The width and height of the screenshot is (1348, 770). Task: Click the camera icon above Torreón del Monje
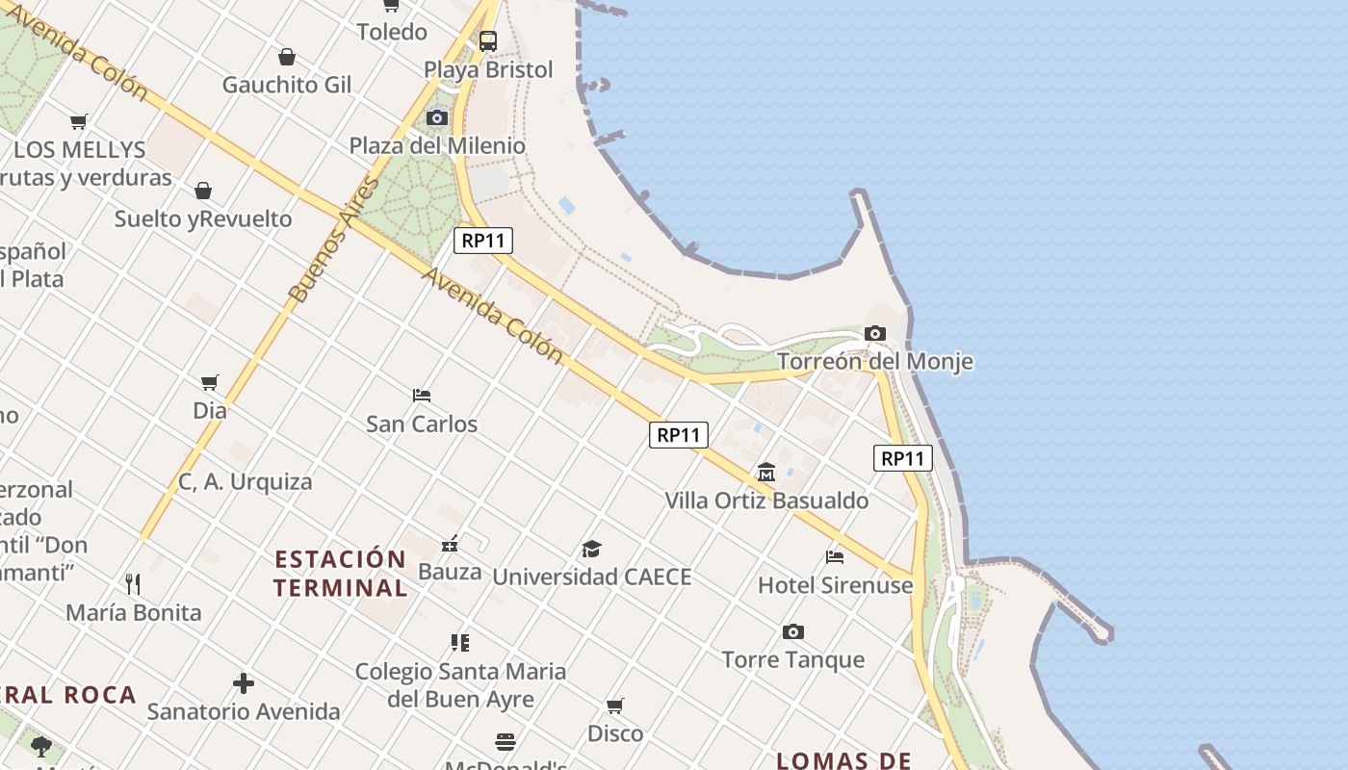(874, 334)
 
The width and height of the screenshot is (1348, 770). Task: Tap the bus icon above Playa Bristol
(488, 41)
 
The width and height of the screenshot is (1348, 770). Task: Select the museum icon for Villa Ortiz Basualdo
(766, 472)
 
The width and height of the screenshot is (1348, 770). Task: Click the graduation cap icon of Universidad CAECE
(591, 549)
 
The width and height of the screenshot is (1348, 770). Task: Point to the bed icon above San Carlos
(422, 395)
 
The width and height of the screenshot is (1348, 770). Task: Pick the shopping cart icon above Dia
(210, 382)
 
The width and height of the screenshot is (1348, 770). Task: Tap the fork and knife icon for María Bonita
(133, 583)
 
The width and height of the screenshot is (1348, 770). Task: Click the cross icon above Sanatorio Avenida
(244, 683)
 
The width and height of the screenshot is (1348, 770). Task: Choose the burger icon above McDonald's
(505, 741)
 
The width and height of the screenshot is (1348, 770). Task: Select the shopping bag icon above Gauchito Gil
(286, 57)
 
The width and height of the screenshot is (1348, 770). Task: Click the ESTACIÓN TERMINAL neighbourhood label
(341, 574)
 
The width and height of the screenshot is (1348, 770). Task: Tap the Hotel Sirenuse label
(835, 585)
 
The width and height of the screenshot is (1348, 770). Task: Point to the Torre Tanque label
(793, 660)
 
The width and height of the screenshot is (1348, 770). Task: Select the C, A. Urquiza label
(246, 482)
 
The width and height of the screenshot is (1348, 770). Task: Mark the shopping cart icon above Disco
(615, 706)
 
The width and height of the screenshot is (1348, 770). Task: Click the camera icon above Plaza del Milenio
(437, 117)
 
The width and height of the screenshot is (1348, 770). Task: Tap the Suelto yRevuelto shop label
(203, 219)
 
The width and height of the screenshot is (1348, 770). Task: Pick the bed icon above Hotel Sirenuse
(835, 556)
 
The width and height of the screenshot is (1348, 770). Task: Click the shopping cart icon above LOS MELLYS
(79, 121)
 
